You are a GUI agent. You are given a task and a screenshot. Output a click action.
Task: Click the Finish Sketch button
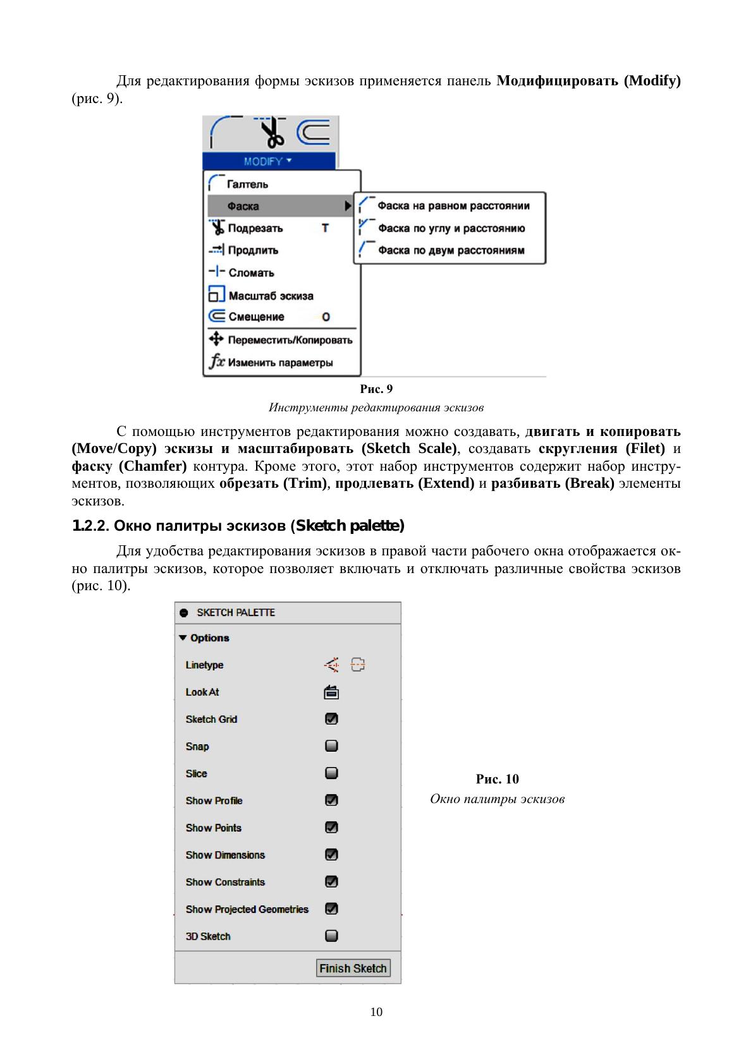pyautogui.click(x=353, y=968)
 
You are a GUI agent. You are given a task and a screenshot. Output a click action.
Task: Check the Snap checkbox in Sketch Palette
pyautogui.click(x=331, y=746)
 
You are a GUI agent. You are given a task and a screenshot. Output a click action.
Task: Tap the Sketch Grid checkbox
pyautogui.click(x=331, y=719)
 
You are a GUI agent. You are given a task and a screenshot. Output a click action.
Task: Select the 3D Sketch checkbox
pyautogui.click(x=331, y=936)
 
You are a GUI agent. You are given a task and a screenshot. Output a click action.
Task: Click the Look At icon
pyautogui.click(x=331, y=692)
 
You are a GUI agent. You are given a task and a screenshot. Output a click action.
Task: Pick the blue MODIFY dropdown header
pyautogui.click(x=269, y=161)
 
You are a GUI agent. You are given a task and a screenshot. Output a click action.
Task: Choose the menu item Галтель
pyautogui.click(x=247, y=184)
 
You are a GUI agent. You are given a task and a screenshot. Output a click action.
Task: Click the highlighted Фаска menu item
pyautogui.click(x=243, y=206)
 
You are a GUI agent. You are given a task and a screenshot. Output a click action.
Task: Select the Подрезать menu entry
pyautogui.click(x=255, y=228)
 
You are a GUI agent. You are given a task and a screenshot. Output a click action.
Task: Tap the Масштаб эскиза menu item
pyautogui.click(x=271, y=296)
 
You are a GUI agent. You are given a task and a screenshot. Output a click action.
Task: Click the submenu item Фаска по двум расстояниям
pyautogui.click(x=451, y=250)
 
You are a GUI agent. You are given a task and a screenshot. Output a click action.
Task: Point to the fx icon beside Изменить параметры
pyautogui.click(x=217, y=362)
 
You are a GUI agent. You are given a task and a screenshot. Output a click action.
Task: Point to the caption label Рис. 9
pyautogui.click(x=376, y=389)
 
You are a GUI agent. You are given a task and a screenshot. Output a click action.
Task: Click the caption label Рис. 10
pyautogui.click(x=497, y=779)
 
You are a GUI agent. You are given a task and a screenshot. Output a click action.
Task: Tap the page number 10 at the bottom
pyautogui.click(x=376, y=1012)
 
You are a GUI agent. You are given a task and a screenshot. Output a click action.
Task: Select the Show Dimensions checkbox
pyautogui.click(x=331, y=855)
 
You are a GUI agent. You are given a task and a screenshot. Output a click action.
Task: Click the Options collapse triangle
pyautogui.click(x=183, y=638)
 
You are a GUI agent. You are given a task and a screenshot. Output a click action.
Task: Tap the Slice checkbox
pyautogui.click(x=331, y=773)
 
